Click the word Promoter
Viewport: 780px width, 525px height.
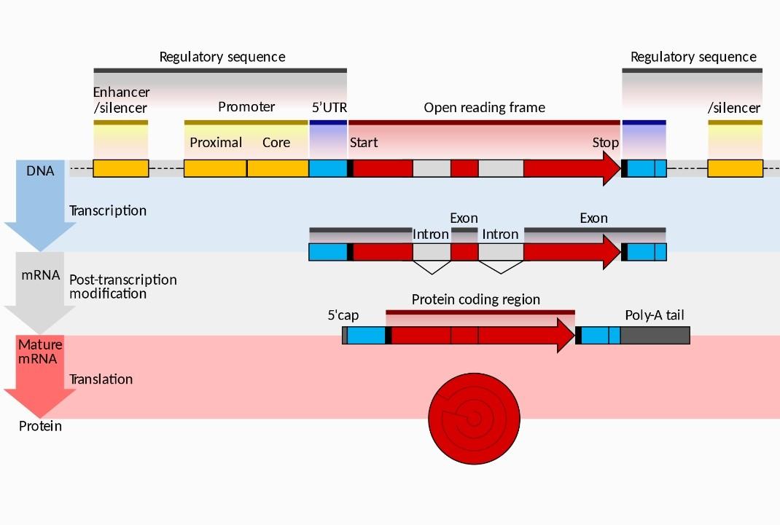pyautogui.click(x=246, y=107)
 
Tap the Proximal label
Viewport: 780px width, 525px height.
pyautogui.click(x=216, y=143)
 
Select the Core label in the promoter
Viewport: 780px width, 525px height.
pyautogui.click(x=276, y=143)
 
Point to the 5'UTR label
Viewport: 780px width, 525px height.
pyautogui.click(x=329, y=108)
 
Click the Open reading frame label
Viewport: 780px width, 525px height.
pyautogui.click(x=484, y=108)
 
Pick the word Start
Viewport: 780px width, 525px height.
pyautogui.click(x=364, y=143)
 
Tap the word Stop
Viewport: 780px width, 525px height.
pyautogui.click(x=605, y=143)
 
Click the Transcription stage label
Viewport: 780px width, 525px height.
pyautogui.click(x=108, y=210)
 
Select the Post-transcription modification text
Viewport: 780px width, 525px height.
pyautogui.click(x=122, y=287)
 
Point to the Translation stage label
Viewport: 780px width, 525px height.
pyautogui.click(x=101, y=379)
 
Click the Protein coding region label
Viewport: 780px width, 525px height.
pyautogui.click(x=475, y=299)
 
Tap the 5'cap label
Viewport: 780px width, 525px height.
pyautogui.click(x=343, y=315)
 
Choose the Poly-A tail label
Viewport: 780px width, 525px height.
pyautogui.click(x=655, y=315)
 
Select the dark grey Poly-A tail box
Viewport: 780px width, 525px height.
pyautogui.click(x=655, y=336)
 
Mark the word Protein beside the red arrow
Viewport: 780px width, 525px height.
pyautogui.click(x=40, y=426)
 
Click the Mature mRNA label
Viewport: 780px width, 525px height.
pyautogui.click(x=40, y=351)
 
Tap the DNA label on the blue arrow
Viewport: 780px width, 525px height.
pyautogui.click(x=40, y=172)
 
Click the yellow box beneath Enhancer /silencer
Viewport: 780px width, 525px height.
pyautogui.click(x=121, y=168)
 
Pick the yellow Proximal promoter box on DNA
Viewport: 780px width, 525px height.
pyautogui.click(x=215, y=168)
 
